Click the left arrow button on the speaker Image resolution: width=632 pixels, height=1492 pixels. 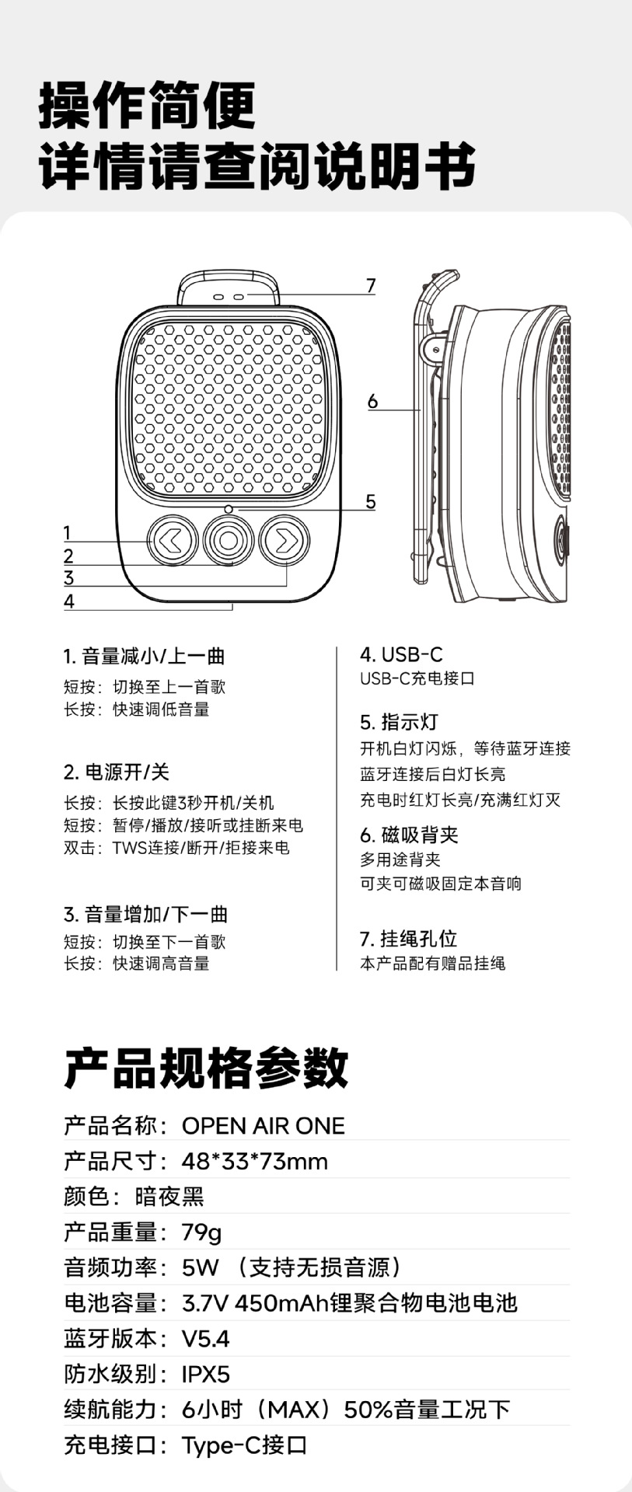point(173,539)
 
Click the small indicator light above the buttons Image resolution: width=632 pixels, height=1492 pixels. point(229,509)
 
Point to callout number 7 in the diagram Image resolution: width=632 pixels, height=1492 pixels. point(371,286)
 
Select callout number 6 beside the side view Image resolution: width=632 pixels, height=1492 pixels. point(372,401)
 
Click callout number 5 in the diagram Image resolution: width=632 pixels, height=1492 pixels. point(371,502)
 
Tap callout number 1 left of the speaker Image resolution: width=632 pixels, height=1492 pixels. point(68,533)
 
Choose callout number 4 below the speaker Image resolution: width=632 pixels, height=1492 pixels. point(69,601)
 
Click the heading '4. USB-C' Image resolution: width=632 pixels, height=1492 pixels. point(401,654)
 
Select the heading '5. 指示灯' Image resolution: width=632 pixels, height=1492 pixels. point(399,722)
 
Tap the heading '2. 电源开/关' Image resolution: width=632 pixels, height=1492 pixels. point(117,772)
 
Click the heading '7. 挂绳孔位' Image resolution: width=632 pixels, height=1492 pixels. point(408,938)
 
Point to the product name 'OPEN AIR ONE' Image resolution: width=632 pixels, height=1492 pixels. point(263,1125)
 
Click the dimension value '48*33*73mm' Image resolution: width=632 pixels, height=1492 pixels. point(254,1161)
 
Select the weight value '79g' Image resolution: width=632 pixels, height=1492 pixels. point(201,1232)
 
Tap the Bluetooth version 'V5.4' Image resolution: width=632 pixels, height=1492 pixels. point(205,1338)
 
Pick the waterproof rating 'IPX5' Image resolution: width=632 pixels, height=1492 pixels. point(206,1374)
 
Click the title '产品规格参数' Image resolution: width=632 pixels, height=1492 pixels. point(206,1068)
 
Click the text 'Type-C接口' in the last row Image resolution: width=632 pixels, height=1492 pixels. point(244,1445)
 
